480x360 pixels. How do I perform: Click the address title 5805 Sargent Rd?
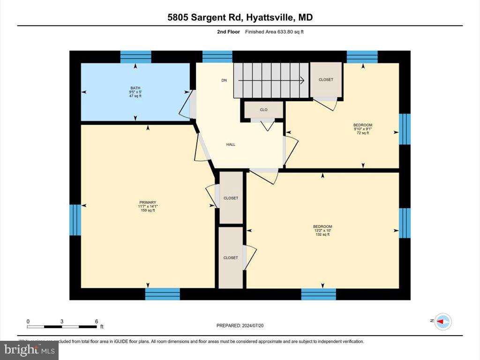(x=240, y=17)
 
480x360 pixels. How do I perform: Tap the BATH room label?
(x=135, y=88)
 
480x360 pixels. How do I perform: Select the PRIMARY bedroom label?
(x=147, y=202)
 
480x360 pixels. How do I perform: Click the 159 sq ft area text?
(x=147, y=210)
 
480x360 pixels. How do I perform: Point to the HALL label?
(x=231, y=144)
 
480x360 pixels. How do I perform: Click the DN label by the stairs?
(x=224, y=80)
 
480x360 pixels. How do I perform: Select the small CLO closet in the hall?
(x=263, y=110)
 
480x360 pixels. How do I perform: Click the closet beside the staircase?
(x=326, y=80)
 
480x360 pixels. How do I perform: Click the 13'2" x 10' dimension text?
(x=322, y=231)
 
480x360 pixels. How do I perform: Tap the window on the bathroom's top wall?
(x=135, y=57)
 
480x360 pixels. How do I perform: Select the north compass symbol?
(x=442, y=322)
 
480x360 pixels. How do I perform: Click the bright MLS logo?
(x=30, y=350)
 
